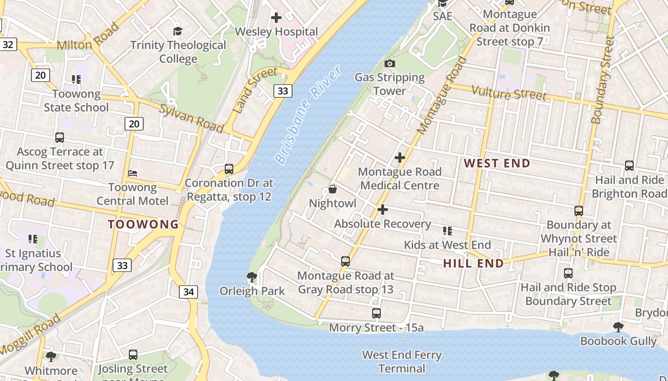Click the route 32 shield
8,45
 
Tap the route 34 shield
188,292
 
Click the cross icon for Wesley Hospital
276,18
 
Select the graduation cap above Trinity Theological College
178,31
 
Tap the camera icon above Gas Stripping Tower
390,63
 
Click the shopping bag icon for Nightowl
333,190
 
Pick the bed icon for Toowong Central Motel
133,173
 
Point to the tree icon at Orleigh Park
251,277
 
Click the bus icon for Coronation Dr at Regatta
229,169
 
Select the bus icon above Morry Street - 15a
376,313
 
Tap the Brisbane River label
309,115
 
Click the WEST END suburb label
497,163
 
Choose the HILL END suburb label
473,263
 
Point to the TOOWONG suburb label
143,224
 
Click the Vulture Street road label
509,93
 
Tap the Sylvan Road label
191,118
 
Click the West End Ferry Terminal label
402,361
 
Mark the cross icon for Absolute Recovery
382,210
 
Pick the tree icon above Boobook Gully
618,327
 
